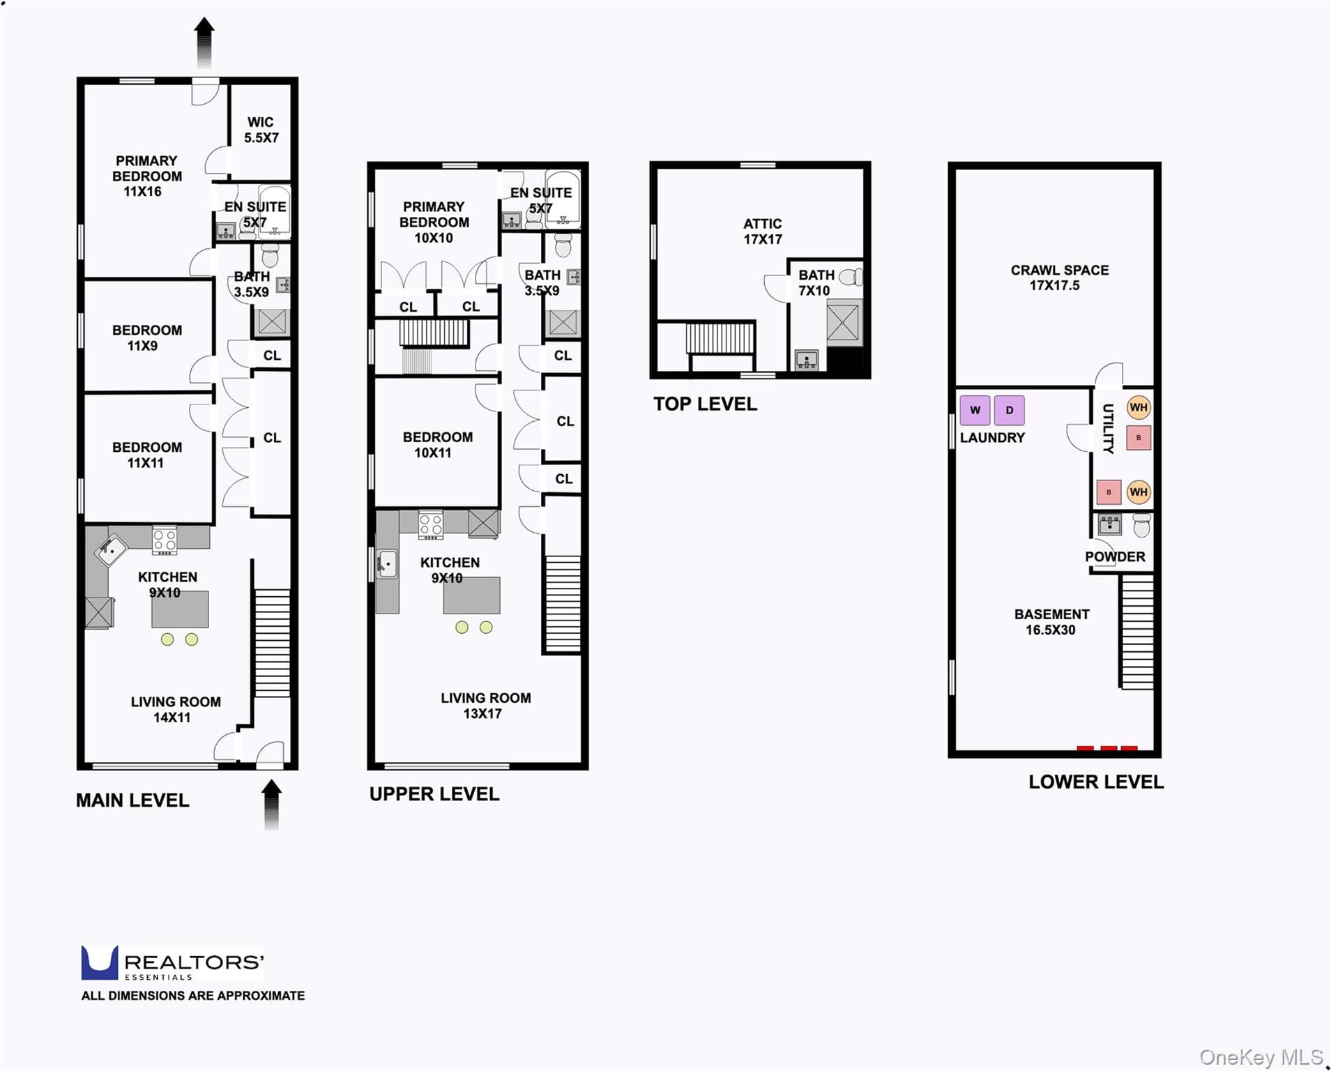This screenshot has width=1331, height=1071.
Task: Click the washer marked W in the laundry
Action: (x=975, y=410)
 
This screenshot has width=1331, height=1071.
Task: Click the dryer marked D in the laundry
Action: (x=1009, y=410)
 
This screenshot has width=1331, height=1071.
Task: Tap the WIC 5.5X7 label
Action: (x=261, y=130)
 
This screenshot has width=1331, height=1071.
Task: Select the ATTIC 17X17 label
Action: (x=762, y=231)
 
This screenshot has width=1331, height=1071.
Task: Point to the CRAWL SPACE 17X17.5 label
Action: (x=1059, y=278)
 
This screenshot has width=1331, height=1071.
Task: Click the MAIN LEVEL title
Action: (x=132, y=800)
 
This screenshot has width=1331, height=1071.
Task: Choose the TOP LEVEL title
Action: (x=705, y=404)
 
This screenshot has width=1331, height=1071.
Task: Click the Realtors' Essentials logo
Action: (x=172, y=963)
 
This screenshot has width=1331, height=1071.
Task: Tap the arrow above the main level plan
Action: (x=204, y=43)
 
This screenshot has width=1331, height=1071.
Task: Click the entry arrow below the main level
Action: (x=271, y=805)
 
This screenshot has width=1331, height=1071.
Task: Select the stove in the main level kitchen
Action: (x=165, y=540)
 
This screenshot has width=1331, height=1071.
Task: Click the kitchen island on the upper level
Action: (x=471, y=595)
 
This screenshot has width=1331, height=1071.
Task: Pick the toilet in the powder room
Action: (x=1141, y=525)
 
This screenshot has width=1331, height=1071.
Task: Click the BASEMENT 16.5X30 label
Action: (x=1051, y=622)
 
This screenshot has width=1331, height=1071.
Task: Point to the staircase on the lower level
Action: (x=1136, y=632)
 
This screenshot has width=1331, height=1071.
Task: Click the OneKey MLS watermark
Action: (x=1261, y=1057)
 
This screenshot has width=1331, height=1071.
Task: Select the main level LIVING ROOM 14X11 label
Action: (x=176, y=709)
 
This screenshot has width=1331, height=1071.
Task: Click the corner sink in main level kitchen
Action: (x=112, y=550)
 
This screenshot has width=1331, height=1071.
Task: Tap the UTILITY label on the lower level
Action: (x=1108, y=428)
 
